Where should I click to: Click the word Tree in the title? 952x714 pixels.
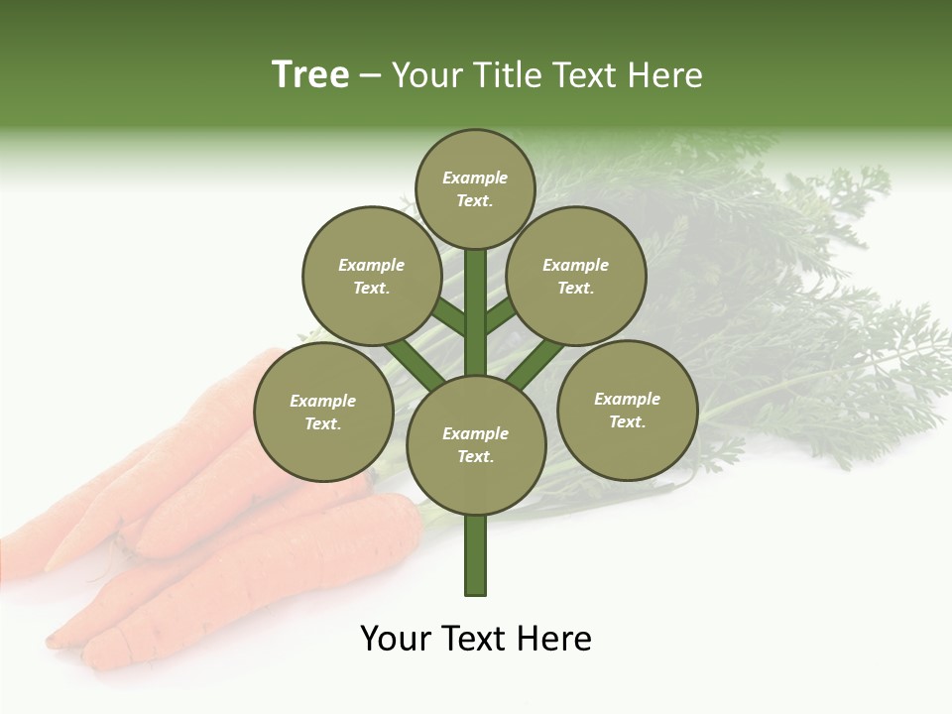click(310, 75)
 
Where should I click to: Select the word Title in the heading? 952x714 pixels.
click(507, 75)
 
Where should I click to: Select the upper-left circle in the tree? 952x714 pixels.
click(371, 276)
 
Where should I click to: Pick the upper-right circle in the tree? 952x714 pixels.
click(576, 276)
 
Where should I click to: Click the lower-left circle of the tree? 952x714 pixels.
click(323, 412)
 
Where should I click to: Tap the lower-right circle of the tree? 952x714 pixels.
click(627, 410)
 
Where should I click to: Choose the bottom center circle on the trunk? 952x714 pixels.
click(476, 444)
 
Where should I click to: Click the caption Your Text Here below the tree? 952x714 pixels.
click(476, 639)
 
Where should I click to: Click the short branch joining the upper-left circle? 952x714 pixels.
click(449, 316)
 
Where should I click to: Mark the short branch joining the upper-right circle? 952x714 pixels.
click(501, 314)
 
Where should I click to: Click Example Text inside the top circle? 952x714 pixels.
click(475, 188)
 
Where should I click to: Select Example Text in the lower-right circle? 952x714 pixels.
click(627, 410)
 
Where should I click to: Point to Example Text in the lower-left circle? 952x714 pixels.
click(323, 412)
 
